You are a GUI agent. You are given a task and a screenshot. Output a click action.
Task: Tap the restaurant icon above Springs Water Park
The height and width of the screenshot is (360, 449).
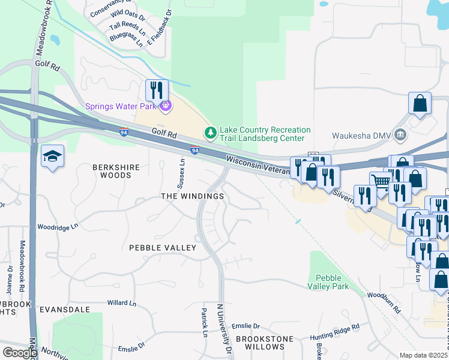(156, 91)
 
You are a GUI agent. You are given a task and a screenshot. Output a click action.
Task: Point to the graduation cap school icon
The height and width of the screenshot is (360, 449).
(52, 157)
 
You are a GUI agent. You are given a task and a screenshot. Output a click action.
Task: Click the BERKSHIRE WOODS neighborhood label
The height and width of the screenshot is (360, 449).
(112, 171)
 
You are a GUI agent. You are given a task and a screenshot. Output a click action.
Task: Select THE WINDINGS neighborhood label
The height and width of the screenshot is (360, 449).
(192, 196)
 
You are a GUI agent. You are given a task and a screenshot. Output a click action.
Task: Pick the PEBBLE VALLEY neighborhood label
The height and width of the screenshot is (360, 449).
(163, 248)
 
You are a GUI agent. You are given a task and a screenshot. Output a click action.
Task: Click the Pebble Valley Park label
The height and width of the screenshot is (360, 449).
(328, 283)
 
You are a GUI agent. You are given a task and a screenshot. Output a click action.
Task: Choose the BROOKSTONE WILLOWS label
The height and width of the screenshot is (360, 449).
(260, 343)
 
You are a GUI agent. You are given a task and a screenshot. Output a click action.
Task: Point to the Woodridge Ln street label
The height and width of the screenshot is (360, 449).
(58, 227)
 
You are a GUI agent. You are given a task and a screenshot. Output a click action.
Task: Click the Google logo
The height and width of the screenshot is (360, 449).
(20, 352)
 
